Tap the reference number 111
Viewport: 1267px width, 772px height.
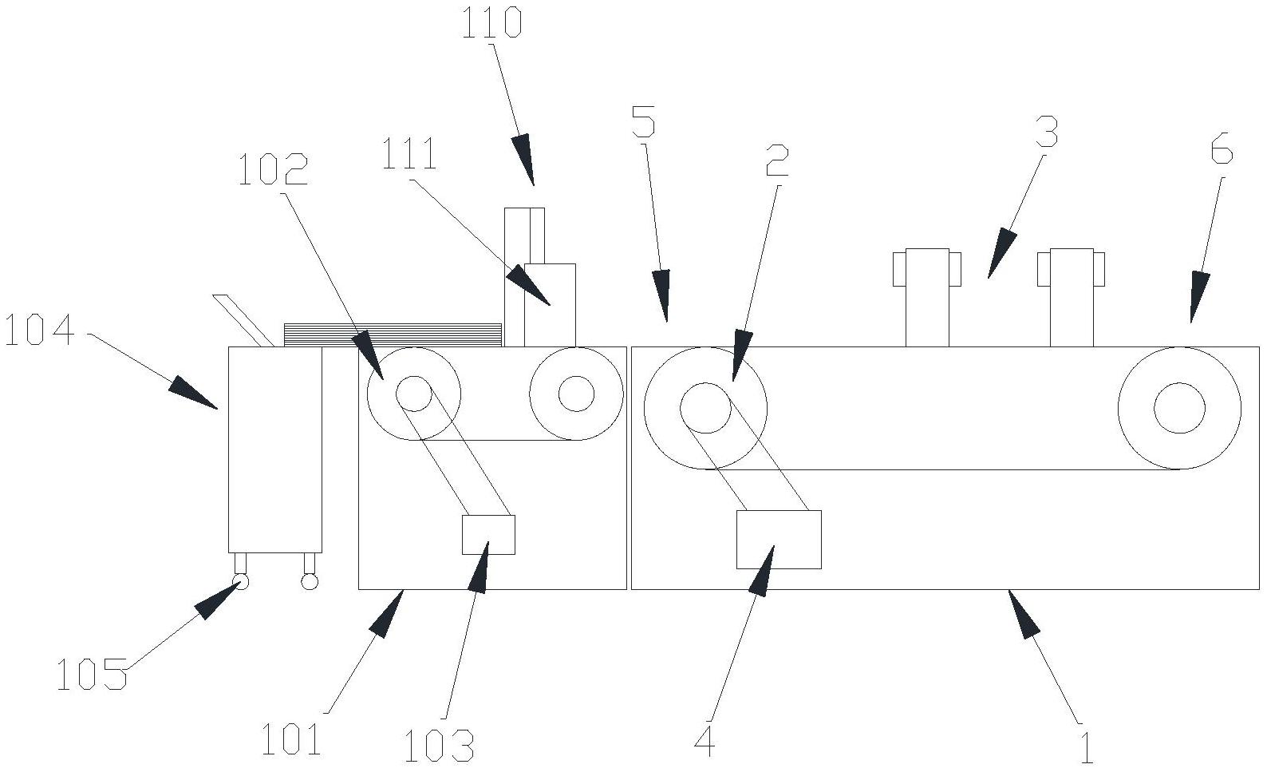409,155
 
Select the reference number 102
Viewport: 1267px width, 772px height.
273,170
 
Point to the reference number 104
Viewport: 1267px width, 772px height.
39,331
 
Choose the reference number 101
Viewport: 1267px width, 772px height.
291,739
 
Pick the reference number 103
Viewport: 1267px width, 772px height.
438,745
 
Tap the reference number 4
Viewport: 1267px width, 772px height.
705,742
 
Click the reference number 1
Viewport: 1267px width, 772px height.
1086,746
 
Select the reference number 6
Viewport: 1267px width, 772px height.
1222,149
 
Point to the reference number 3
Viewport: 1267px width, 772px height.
1047,133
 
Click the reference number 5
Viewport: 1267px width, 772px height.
643,121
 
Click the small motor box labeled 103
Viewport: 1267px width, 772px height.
488,534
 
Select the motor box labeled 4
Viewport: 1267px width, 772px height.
778,540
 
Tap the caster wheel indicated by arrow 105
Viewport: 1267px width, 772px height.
240,582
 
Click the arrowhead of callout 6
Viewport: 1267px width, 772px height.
1198,299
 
